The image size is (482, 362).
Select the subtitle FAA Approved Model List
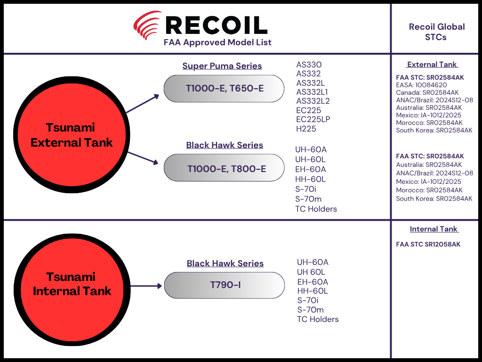tap(217, 42)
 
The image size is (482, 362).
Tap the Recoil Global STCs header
tap(436, 32)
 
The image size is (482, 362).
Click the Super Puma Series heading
tap(222, 66)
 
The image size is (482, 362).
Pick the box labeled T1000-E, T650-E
tap(224, 88)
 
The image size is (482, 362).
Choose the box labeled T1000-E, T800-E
tap(225, 168)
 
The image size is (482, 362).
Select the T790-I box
tap(225, 285)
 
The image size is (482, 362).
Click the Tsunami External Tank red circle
tap(72, 135)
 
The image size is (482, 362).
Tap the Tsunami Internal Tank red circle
tap(72, 284)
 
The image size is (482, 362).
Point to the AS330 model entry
tap(309, 65)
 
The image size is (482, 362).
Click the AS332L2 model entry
tap(313, 101)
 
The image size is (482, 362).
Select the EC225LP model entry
tap(313, 119)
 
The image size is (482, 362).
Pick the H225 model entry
tap(306, 129)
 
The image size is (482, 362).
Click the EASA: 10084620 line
tap(421, 85)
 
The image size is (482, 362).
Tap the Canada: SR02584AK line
tap(427, 93)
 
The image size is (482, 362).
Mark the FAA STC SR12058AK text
tap(428, 245)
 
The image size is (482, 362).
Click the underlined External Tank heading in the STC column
tap(432, 65)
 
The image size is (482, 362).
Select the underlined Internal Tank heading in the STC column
tap(434, 229)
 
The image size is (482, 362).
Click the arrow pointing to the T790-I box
tap(146, 286)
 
